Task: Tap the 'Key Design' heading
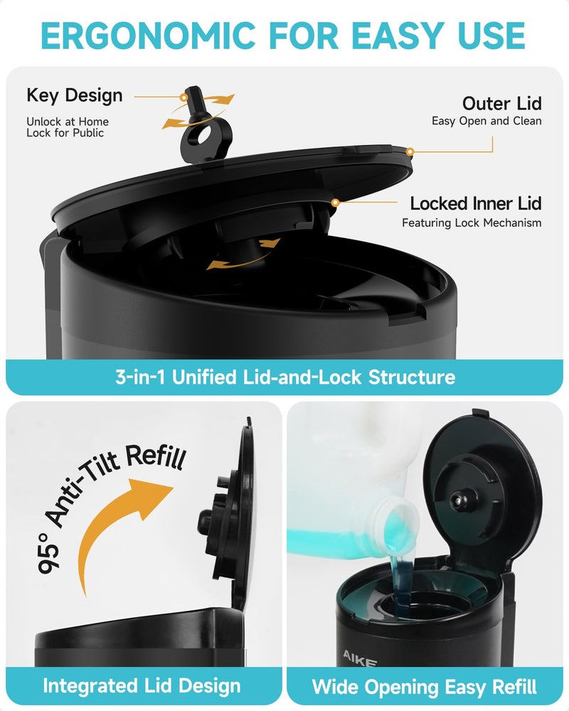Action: click(x=75, y=95)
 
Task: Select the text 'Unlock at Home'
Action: click(x=68, y=122)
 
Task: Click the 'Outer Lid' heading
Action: click(x=501, y=104)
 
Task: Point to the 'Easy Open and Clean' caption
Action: click(x=486, y=121)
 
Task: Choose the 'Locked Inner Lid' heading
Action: click(x=476, y=203)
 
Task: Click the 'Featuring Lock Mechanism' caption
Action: click(x=472, y=223)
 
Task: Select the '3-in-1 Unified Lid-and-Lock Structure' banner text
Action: click(x=284, y=377)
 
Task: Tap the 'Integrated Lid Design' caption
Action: click(x=142, y=686)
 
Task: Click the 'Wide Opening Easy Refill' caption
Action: click(x=425, y=687)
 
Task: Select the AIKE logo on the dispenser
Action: click(x=360, y=655)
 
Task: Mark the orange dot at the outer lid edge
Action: click(x=410, y=151)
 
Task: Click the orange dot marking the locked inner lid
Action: click(x=334, y=203)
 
